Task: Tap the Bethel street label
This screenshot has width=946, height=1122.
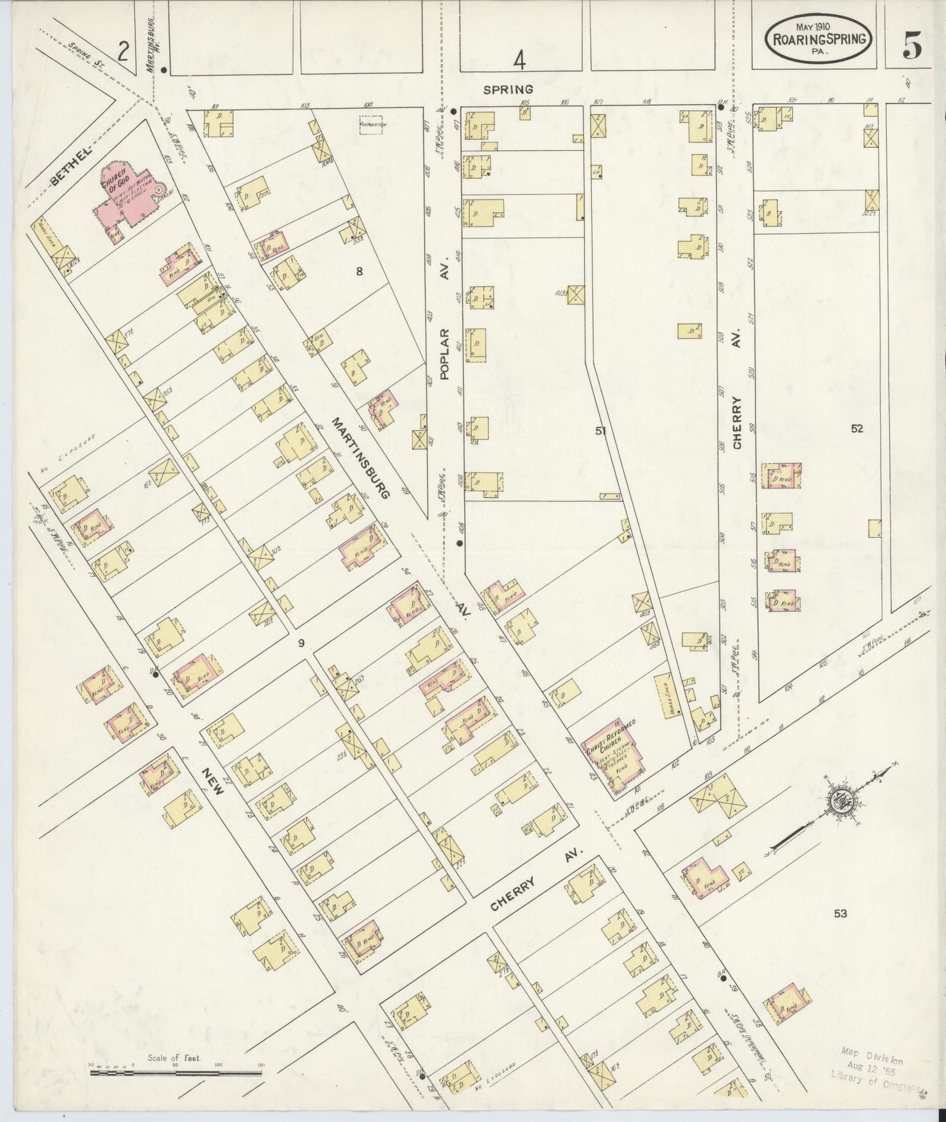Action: pyautogui.click(x=70, y=167)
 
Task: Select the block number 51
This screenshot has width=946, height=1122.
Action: pyautogui.click(x=600, y=430)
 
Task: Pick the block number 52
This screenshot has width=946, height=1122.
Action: pyautogui.click(x=857, y=429)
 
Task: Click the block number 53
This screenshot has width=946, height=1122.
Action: pyautogui.click(x=840, y=913)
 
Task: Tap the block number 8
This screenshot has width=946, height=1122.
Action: pyautogui.click(x=359, y=271)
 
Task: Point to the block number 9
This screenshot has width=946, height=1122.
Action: pyautogui.click(x=301, y=643)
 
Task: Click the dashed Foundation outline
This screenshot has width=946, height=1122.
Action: pyautogui.click(x=371, y=124)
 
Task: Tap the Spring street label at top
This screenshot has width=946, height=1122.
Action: pyautogui.click(x=508, y=88)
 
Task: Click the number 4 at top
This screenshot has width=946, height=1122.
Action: pyautogui.click(x=519, y=61)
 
